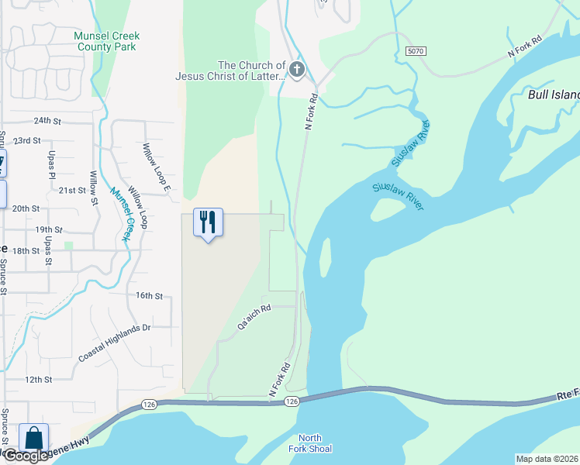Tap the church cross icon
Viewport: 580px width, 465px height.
296,71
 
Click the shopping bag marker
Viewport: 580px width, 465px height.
34,438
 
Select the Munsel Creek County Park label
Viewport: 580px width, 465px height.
106,41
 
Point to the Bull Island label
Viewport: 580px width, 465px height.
554,95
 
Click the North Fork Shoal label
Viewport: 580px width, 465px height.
315,443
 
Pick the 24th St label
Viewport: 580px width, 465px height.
47,121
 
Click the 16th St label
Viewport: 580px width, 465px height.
149,296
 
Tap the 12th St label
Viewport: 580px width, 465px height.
38,380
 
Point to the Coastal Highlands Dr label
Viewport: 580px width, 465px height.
114,343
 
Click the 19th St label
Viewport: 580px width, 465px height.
47,230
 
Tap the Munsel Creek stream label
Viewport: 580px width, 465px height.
119,215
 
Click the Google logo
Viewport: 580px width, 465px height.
25,456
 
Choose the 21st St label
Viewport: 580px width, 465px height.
72,191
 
